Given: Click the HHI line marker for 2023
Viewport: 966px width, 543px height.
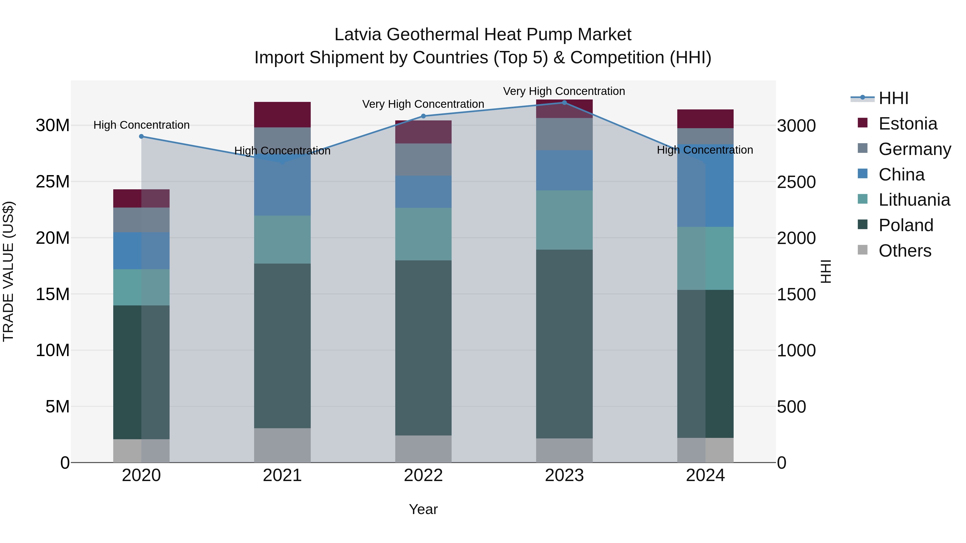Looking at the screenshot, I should (564, 103).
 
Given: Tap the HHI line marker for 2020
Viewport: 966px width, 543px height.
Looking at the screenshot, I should (141, 136).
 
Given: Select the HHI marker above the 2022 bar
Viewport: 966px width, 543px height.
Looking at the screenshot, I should (423, 116).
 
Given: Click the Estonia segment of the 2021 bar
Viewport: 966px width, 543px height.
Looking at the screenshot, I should (282, 115).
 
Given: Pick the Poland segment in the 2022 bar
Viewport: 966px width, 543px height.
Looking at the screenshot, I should (423, 348).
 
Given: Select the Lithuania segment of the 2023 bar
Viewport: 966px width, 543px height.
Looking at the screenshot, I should (564, 220).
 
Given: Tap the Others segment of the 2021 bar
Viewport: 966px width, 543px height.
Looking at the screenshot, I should (282, 445).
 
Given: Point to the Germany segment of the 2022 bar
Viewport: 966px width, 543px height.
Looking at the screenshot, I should (423, 160).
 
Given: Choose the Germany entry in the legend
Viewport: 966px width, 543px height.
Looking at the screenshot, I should (914, 149).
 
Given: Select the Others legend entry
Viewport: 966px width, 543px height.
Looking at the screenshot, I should (905, 251).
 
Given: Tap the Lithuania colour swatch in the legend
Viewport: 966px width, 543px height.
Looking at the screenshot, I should (862, 200).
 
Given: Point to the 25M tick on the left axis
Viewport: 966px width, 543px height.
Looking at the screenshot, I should (53, 182).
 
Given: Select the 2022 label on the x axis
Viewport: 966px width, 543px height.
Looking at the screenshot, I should (423, 475).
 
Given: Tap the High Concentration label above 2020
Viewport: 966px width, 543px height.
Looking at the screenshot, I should (141, 125).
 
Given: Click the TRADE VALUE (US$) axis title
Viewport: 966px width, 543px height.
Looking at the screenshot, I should (8, 271).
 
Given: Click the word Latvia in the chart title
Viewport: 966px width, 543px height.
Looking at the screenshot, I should (358, 35).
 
